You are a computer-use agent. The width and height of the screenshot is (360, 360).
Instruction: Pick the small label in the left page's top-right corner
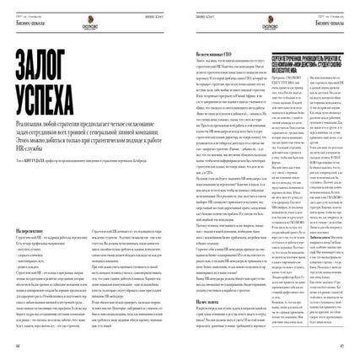[164, 15]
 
